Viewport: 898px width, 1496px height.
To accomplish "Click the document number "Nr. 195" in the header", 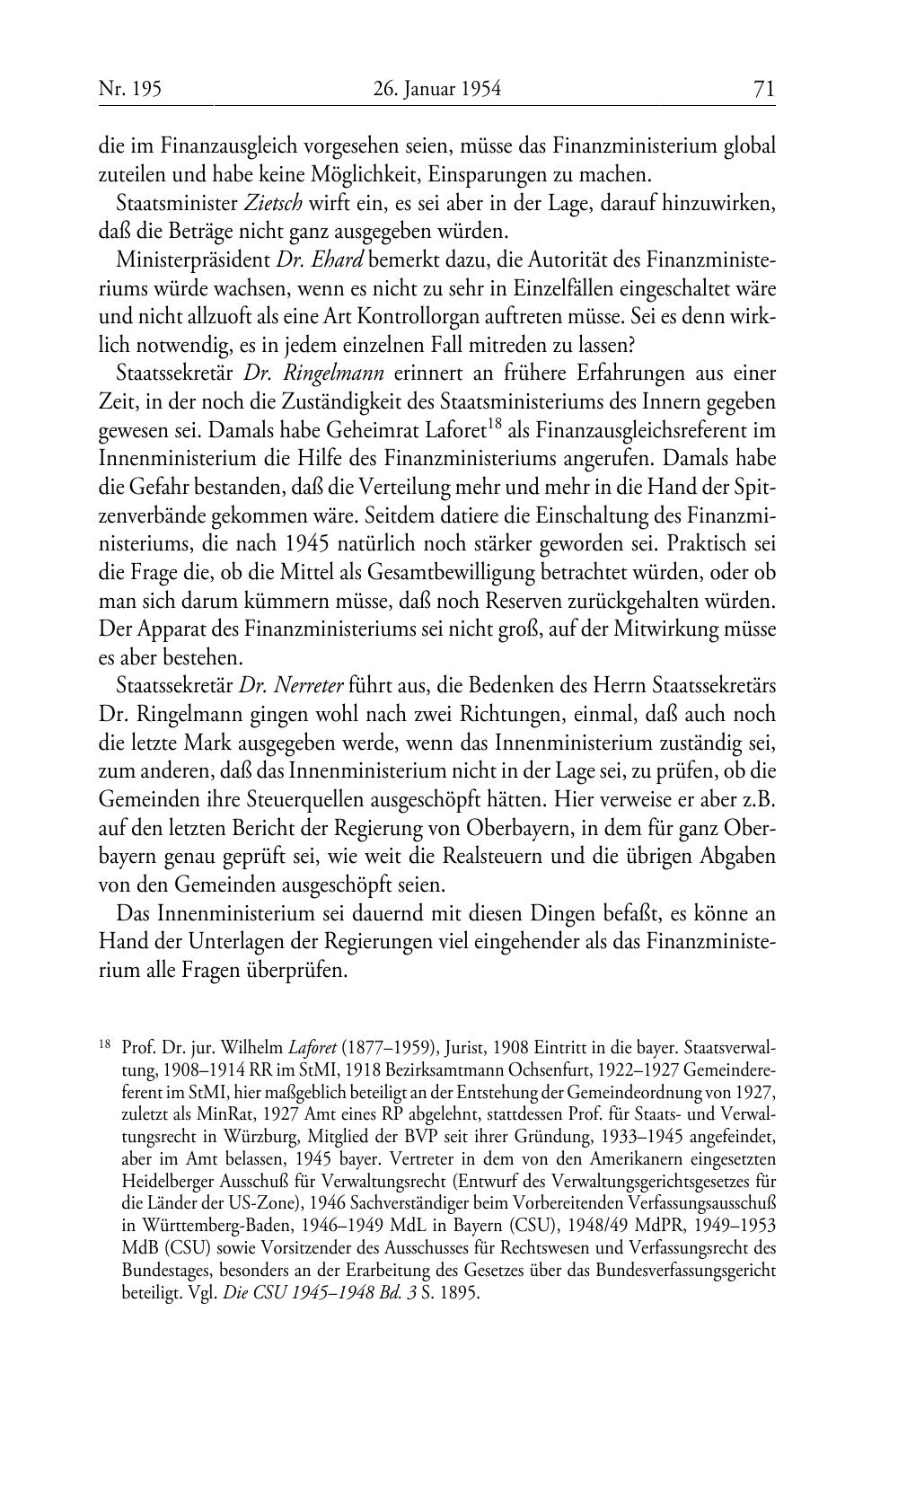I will coord(129,89).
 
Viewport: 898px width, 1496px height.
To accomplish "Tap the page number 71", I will coord(763,89).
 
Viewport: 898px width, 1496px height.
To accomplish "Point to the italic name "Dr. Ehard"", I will coord(320,260).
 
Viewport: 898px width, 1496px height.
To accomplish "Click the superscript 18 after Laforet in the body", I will coord(493,424).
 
